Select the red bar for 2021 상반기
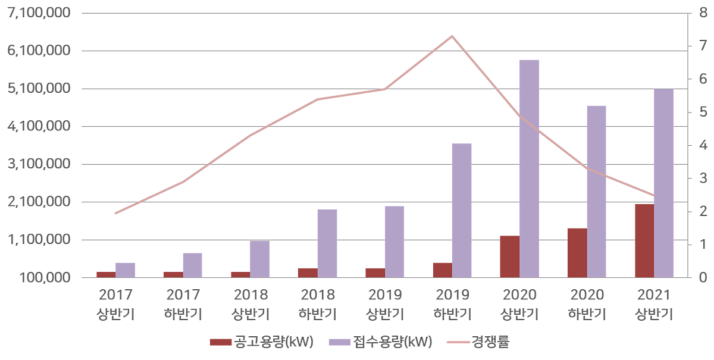(x=644, y=240)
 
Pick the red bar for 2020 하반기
(x=577, y=252)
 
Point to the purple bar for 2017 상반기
(x=125, y=270)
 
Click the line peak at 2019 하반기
(x=452, y=36)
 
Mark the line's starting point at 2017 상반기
(x=116, y=213)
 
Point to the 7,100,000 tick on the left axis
(x=38, y=13)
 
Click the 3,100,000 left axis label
(x=38, y=164)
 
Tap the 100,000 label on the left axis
(x=45, y=278)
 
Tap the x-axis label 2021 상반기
(x=653, y=304)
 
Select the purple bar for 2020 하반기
(x=596, y=191)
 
